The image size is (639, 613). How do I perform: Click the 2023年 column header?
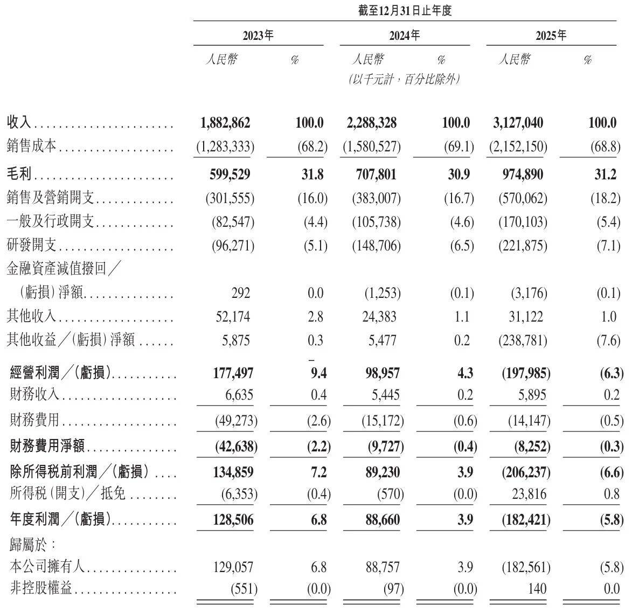[x=258, y=36]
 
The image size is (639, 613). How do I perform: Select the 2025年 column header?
[x=551, y=36]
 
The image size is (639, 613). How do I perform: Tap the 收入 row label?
[x=20, y=123]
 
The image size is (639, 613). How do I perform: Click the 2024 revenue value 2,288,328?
[x=369, y=123]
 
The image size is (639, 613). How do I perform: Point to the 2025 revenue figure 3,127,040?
[x=518, y=123]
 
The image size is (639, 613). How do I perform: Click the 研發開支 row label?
[x=32, y=246]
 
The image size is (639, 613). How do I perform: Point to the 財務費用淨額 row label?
[x=49, y=447]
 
